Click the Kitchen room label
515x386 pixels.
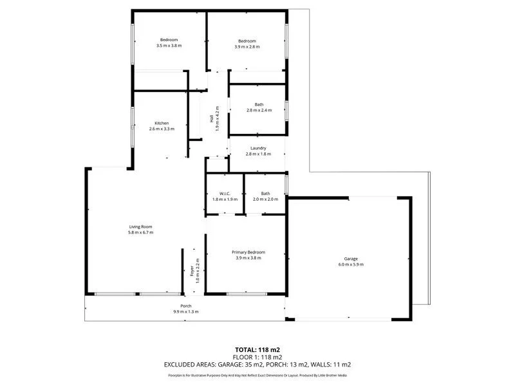(x=162, y=123)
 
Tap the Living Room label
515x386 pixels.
(x=140, y=226)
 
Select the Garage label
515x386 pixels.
(x=351, y=258)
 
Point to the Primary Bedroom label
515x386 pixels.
(x=248, y=252)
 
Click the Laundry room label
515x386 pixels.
(x=258, y=148)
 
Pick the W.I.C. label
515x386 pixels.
(x=225, y=194)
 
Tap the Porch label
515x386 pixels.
(x=186, y=306)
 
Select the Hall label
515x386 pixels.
(x=211, y=118)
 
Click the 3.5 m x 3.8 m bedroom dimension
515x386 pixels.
(x=169, y=46)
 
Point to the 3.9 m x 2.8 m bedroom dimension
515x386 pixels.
(x=247, y=46)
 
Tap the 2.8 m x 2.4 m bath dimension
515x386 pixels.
(x=259, y=110)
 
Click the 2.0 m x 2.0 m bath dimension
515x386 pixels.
(x=265, y=199)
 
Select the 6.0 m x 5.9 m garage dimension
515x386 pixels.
(x=351, y=264)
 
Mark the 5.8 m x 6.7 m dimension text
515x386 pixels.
(x=140, y=232)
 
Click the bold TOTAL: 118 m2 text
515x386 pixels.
(x=257, y=349)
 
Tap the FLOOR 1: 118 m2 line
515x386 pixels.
(x=257, y=356)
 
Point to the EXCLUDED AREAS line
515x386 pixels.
(x=257, y=364)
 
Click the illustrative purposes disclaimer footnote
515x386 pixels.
(x=257, y=374)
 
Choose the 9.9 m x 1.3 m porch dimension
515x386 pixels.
(x=186, y=311)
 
